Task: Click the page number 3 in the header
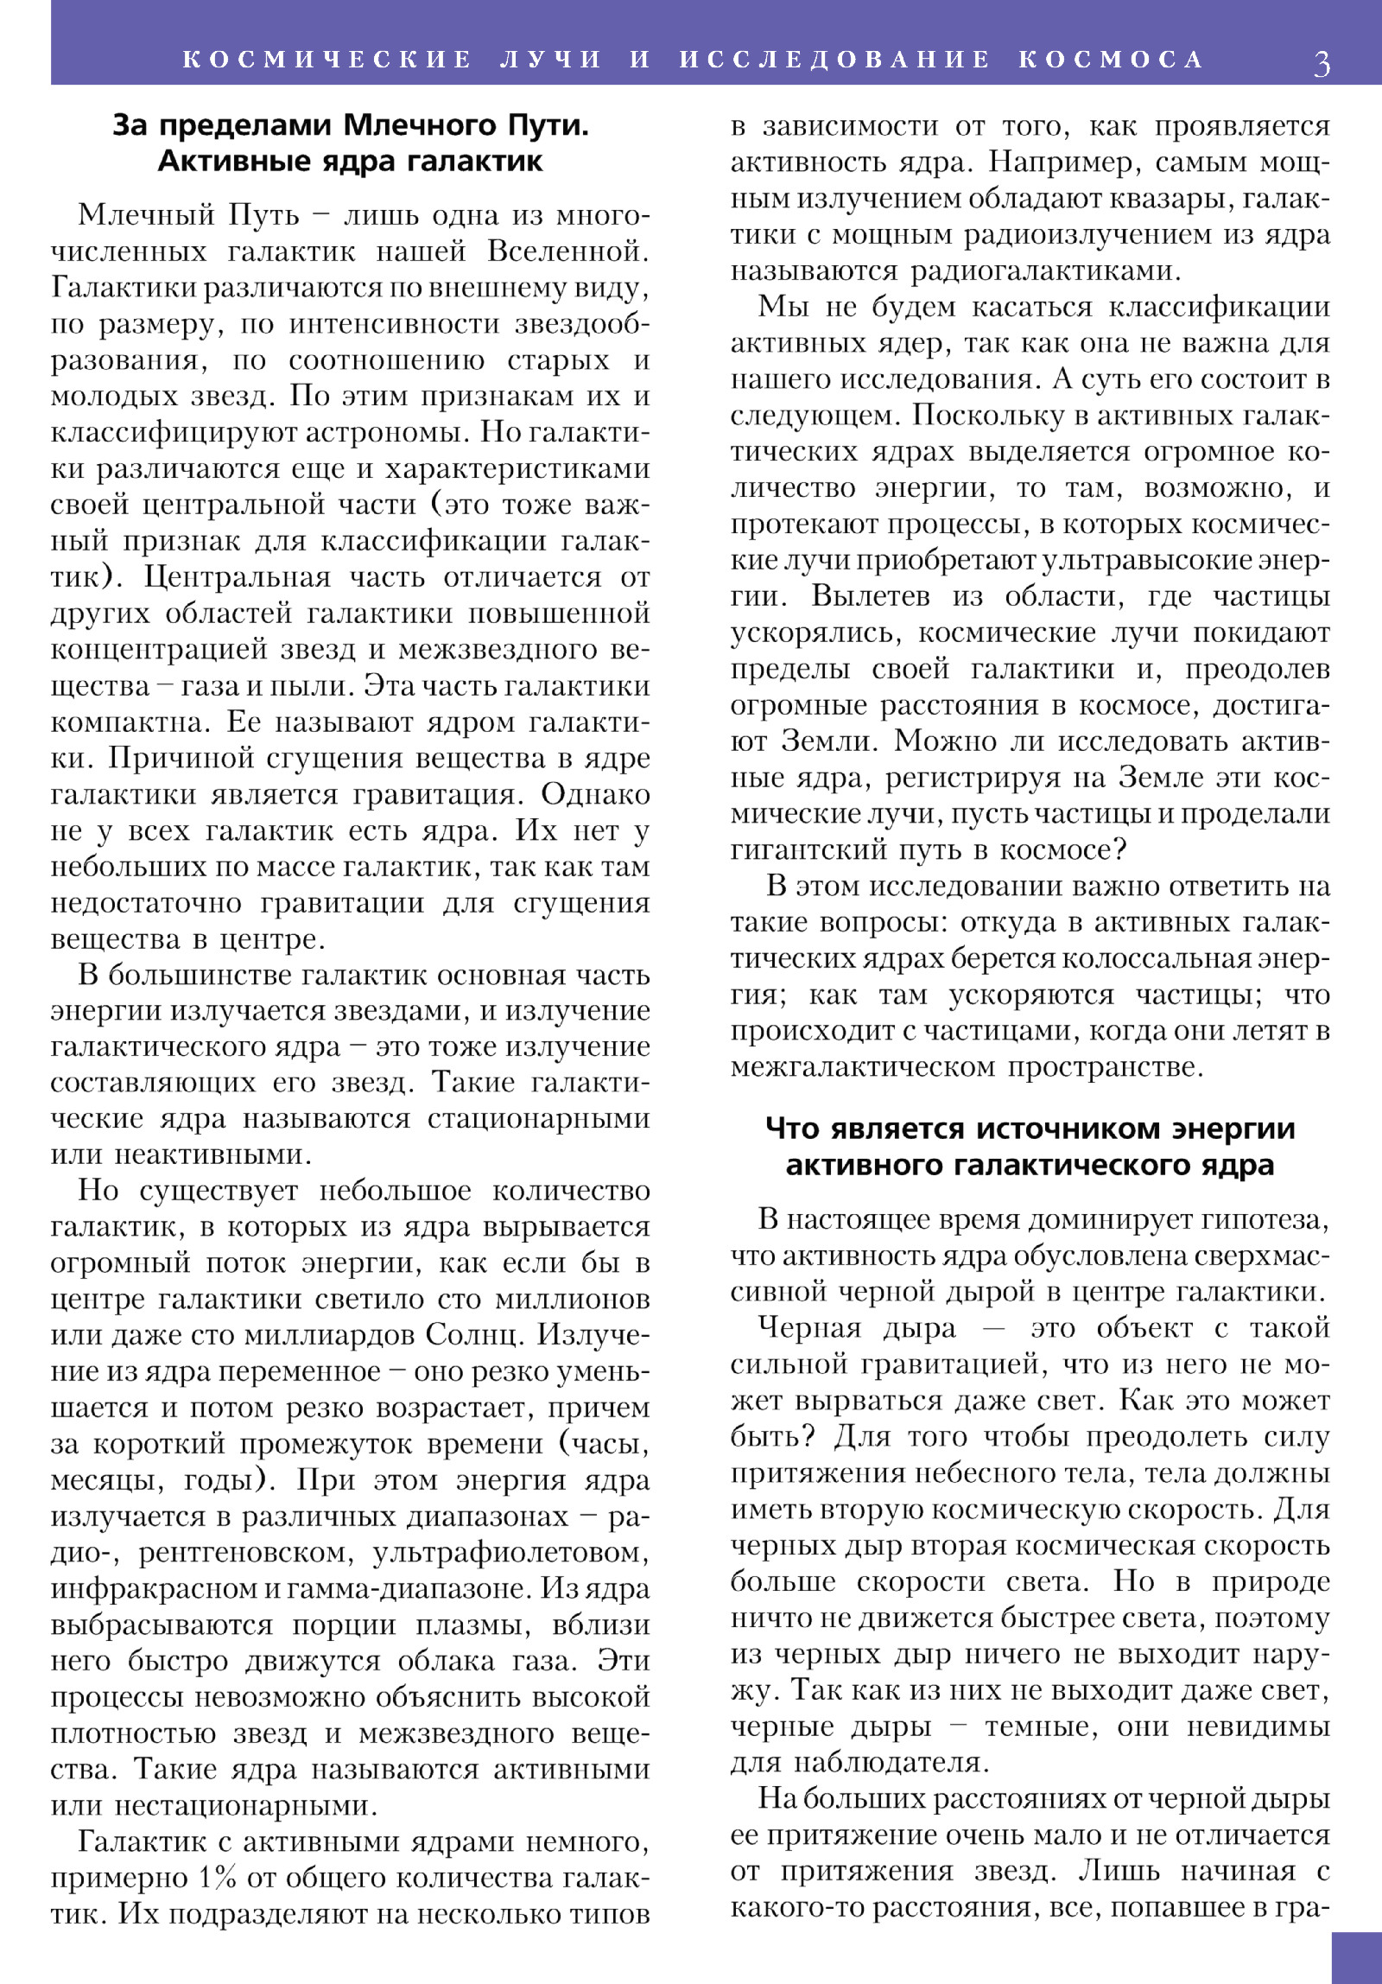click(x=1322, y=63)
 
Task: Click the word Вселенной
click(x=568, y=251)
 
